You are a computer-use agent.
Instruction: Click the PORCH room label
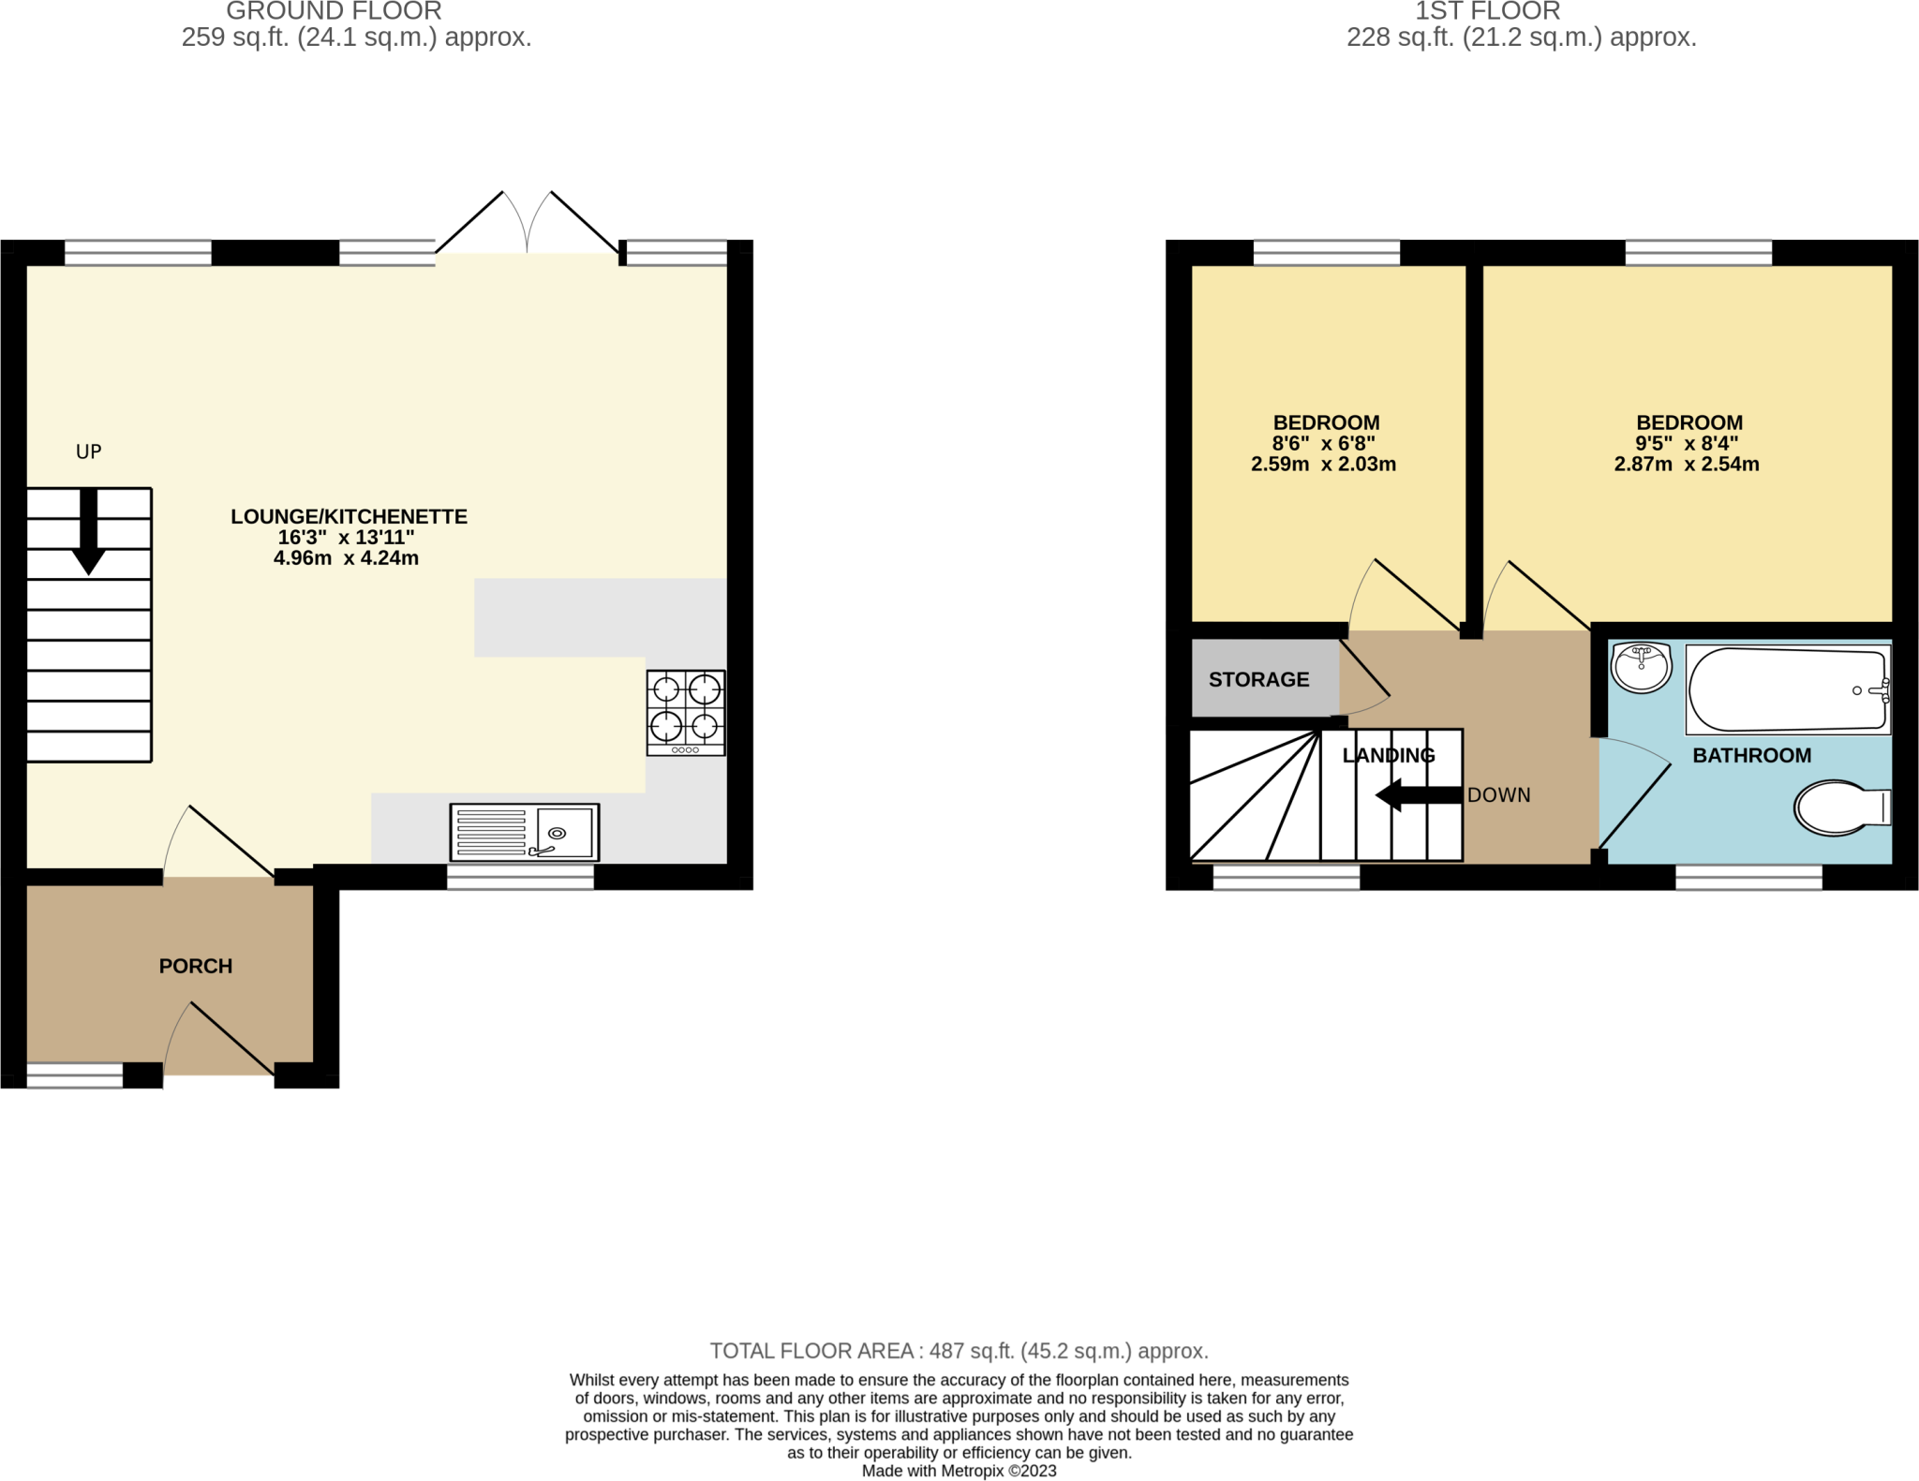click(195, 966)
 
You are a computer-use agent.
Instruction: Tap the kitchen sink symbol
click(524, 832)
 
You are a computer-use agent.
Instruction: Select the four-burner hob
click(685, 712)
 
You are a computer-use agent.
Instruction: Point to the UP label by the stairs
click(88, 452)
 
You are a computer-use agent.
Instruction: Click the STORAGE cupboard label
click(1258, 679)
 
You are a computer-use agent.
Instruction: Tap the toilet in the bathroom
click(1839, 807)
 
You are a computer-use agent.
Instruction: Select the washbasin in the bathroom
click(1641, 667)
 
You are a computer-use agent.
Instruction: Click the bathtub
click(1787, 690)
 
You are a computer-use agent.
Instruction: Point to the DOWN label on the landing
click(1498, 795)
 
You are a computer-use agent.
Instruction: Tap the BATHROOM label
click(1751, 755)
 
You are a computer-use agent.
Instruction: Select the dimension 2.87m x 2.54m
click(1686, 464)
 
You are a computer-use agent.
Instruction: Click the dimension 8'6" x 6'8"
click(1323, 443)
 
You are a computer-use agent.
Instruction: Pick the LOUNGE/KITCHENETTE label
click(349, 516)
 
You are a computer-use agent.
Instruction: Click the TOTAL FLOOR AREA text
click(959, 1351)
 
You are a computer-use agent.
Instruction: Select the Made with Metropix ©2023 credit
click(959, 1471)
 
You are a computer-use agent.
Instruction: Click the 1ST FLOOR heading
click(1487, 11)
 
